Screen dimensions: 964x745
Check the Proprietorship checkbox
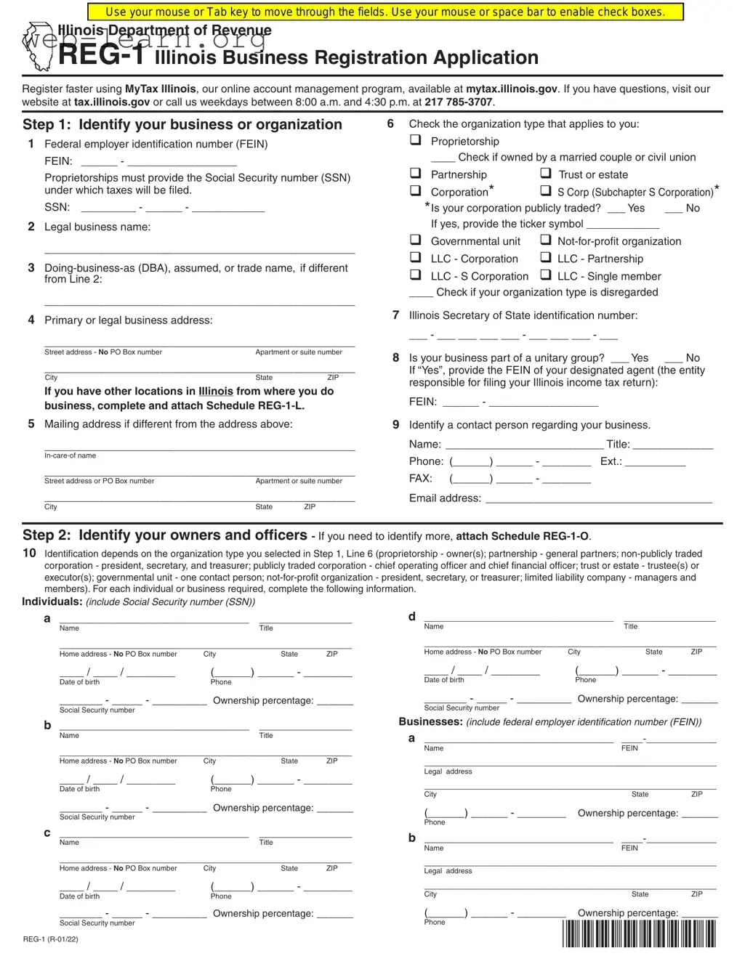pyautogui.click(x=415, y=140)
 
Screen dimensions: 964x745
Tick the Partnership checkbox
pyautogui.click(x=415, y=174)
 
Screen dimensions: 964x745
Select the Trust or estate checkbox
pyautogui.click(x=546, y=174)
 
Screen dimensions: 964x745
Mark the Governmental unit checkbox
pyautogui.click(x=415, y=240)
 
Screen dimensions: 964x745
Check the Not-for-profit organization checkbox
pyautogui.click(x=546, y=240)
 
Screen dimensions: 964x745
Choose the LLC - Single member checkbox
pyautogui.click(x=546, y=275)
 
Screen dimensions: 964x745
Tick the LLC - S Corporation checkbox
pyautogui.click(x=415, y=275)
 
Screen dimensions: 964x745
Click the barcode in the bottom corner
pyautogui.click(x=639, y=933)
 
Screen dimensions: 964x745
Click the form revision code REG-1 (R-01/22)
pyautogui.click(x=50, y=939)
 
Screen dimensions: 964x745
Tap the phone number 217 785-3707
pyautogui.click(x=459, y=102)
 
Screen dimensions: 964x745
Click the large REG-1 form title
pyautogui.click(x=101, y=55)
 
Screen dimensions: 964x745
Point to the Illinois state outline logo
pyautogui.click(x=38, y=46)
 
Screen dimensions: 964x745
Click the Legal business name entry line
pyautogui.click(x=199, y=250)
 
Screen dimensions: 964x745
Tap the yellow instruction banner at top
pyautogui.click(x=385, y=12)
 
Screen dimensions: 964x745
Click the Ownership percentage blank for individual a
pyautogui.click(x=335, y=702)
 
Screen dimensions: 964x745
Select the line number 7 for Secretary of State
pyautogui.click(x=395, y=315)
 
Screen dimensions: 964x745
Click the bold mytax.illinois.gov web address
pyautogui.click(x=511, y=89)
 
